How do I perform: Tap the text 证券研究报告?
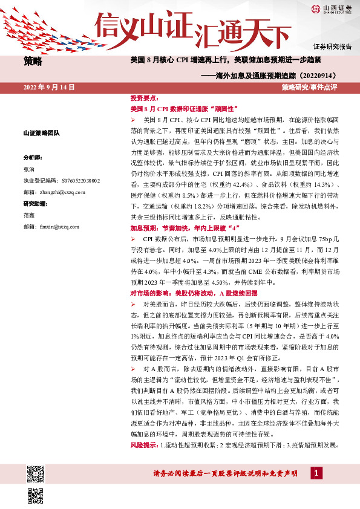click(x=333, y=47)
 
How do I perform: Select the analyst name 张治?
click(x=29, y=171)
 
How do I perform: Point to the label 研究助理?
click(x=34, y=202)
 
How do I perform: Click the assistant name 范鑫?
click(x=29, y=215)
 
